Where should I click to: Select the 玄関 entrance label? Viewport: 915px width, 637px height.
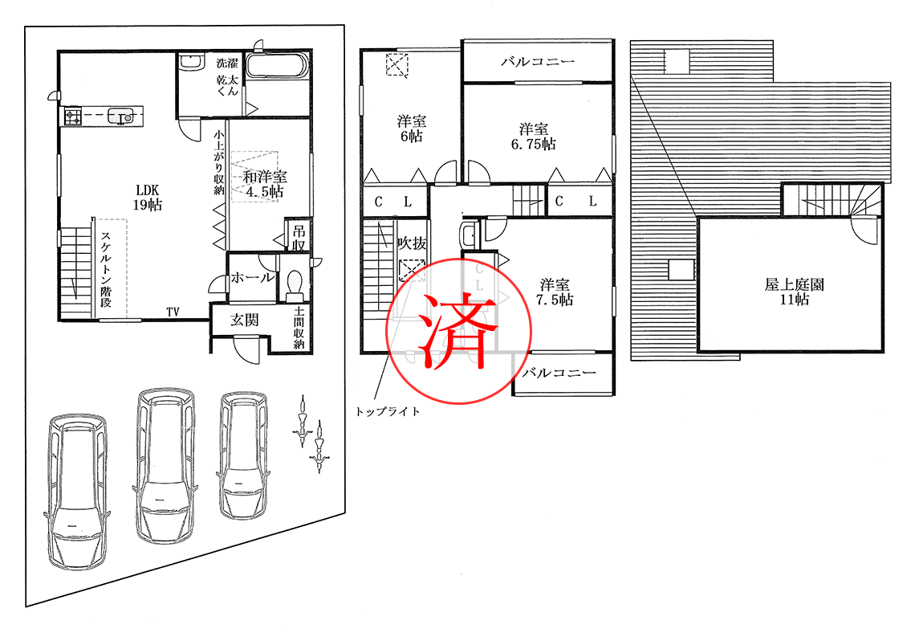245,320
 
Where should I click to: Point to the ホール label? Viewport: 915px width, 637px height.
253,278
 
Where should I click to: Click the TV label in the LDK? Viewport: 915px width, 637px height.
173,312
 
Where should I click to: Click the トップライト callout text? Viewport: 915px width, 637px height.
388,411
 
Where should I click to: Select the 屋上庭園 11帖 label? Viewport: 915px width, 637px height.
795,292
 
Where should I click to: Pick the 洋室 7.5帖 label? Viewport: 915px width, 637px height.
555,292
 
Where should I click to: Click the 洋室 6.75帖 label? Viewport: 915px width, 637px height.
534,137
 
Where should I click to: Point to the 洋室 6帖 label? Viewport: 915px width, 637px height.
412,129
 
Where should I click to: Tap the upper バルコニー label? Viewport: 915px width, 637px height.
538,61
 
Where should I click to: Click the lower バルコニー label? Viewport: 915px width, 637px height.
559,373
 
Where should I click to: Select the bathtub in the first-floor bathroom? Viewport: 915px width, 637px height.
277,65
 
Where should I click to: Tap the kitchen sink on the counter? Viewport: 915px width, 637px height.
121,116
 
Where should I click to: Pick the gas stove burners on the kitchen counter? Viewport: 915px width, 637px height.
72,116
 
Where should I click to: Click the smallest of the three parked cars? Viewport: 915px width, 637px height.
243,455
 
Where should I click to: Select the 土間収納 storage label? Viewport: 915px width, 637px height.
299,328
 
